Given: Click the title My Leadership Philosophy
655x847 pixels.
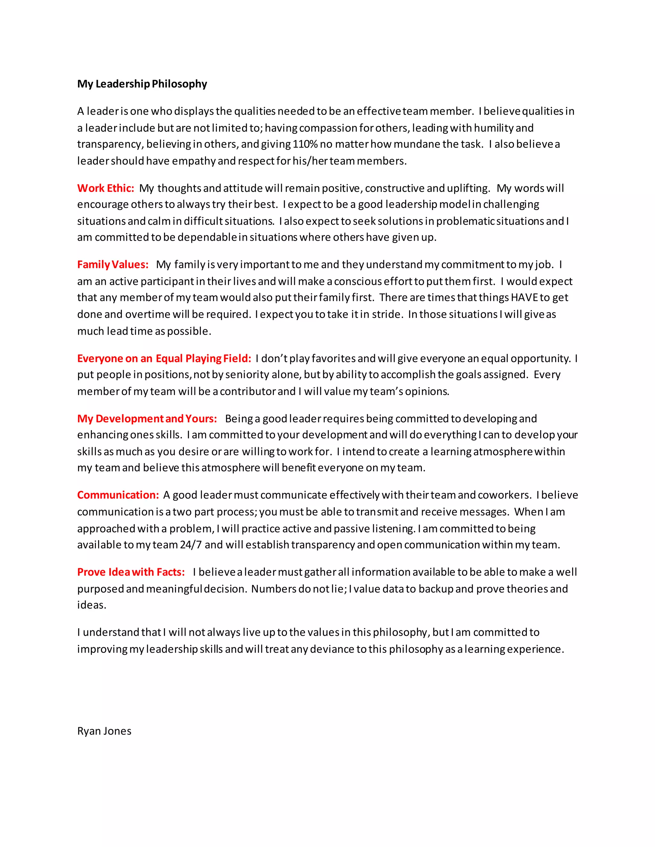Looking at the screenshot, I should (x=142, y=84).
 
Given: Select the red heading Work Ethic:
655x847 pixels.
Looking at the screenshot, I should (x=106, y=188).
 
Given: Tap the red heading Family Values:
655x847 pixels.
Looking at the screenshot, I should (x=113, y=265).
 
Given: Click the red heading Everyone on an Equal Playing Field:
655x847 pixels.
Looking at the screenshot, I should (x=164, y=358).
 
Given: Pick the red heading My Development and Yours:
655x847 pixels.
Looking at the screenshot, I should (x=147, y=419).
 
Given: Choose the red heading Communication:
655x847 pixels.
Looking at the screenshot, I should (x=118, y=495).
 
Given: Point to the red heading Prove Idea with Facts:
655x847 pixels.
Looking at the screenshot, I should (x=131, y=572).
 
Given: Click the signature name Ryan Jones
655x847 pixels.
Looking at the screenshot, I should (x=104, y=731).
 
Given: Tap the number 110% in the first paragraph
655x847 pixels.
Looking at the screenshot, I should (x=305, y=144).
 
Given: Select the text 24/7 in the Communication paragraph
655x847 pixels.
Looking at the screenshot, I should (x=191, y=545).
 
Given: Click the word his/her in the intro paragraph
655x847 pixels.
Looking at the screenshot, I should (x=310, y=161).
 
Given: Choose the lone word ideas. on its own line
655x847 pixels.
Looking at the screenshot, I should (x=91, y=605).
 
